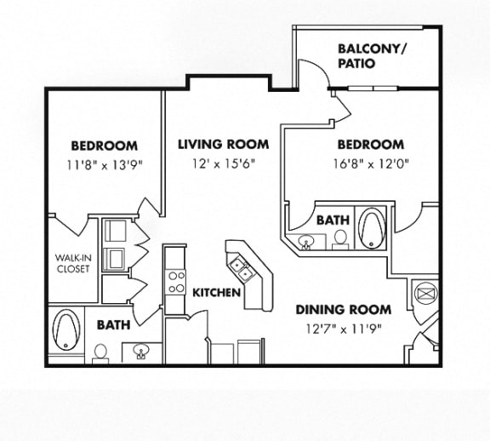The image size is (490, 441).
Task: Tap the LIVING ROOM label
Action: pyautogui.click(x=224, y=145)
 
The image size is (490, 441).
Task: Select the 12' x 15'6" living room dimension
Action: pyautogui.click(x=224, y=163)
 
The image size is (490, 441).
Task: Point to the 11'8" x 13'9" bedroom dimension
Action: pyautogui.click(x=105, y=164)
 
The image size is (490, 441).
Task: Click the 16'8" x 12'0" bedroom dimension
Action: pyautogui.click(x=371, y=164)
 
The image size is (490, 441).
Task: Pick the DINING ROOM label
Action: pyautogui.click(x=344, y=310)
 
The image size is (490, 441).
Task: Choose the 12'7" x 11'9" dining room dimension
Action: pyautogui.click(x=344, y=329)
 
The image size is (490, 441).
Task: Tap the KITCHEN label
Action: pyautogui.click(x=216, y=293)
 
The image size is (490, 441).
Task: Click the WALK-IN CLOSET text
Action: pyautogui.click(x=73, y=263)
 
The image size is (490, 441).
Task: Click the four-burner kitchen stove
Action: pyautogui.click(x=175, y=282)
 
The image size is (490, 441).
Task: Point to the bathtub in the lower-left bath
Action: pyautogui.click(x=66, y=329)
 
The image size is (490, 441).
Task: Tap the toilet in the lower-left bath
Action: pyautogui.click(x=100, y=354)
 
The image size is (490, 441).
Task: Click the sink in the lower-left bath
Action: pyautogui.click(x=141, y=350)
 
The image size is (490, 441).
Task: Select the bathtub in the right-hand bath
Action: pyautogui.click(x=372, y=227)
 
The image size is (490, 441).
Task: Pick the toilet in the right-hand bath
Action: pyautogui.click(x=340, y=240)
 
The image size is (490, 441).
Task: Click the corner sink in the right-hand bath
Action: pyautogui.click(x=306, y=242)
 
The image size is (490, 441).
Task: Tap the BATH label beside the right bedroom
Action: pyautogui.click(x=333, y=220)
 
